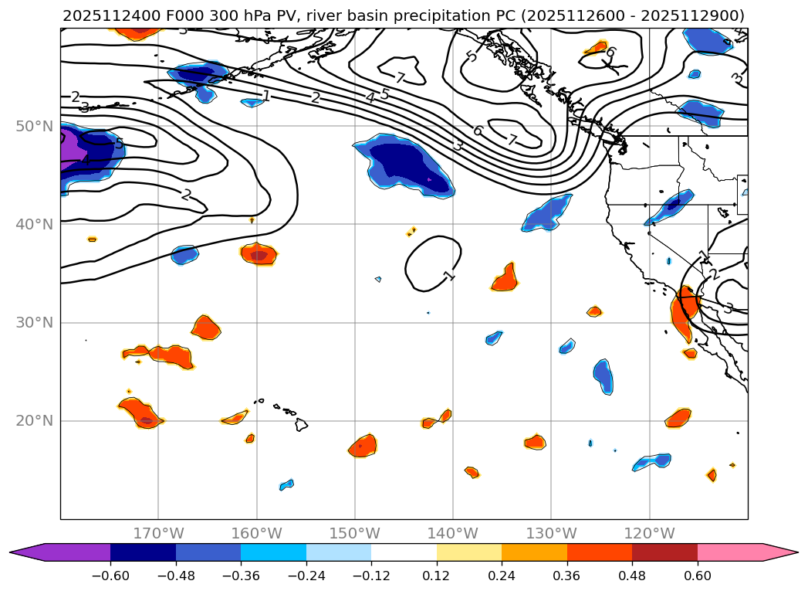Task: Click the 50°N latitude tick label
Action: (34, 126)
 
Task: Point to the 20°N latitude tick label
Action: (34, 421)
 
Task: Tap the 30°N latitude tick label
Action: (34, 323)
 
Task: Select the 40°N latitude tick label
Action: (34, 225)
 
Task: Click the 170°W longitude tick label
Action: (158, 533)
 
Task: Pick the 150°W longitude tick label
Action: (355, 533)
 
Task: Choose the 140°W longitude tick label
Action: (453, 533)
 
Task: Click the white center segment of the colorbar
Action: (404, 552)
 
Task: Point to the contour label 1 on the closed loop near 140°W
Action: (449, 276)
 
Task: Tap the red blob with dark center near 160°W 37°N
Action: (259, 253)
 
